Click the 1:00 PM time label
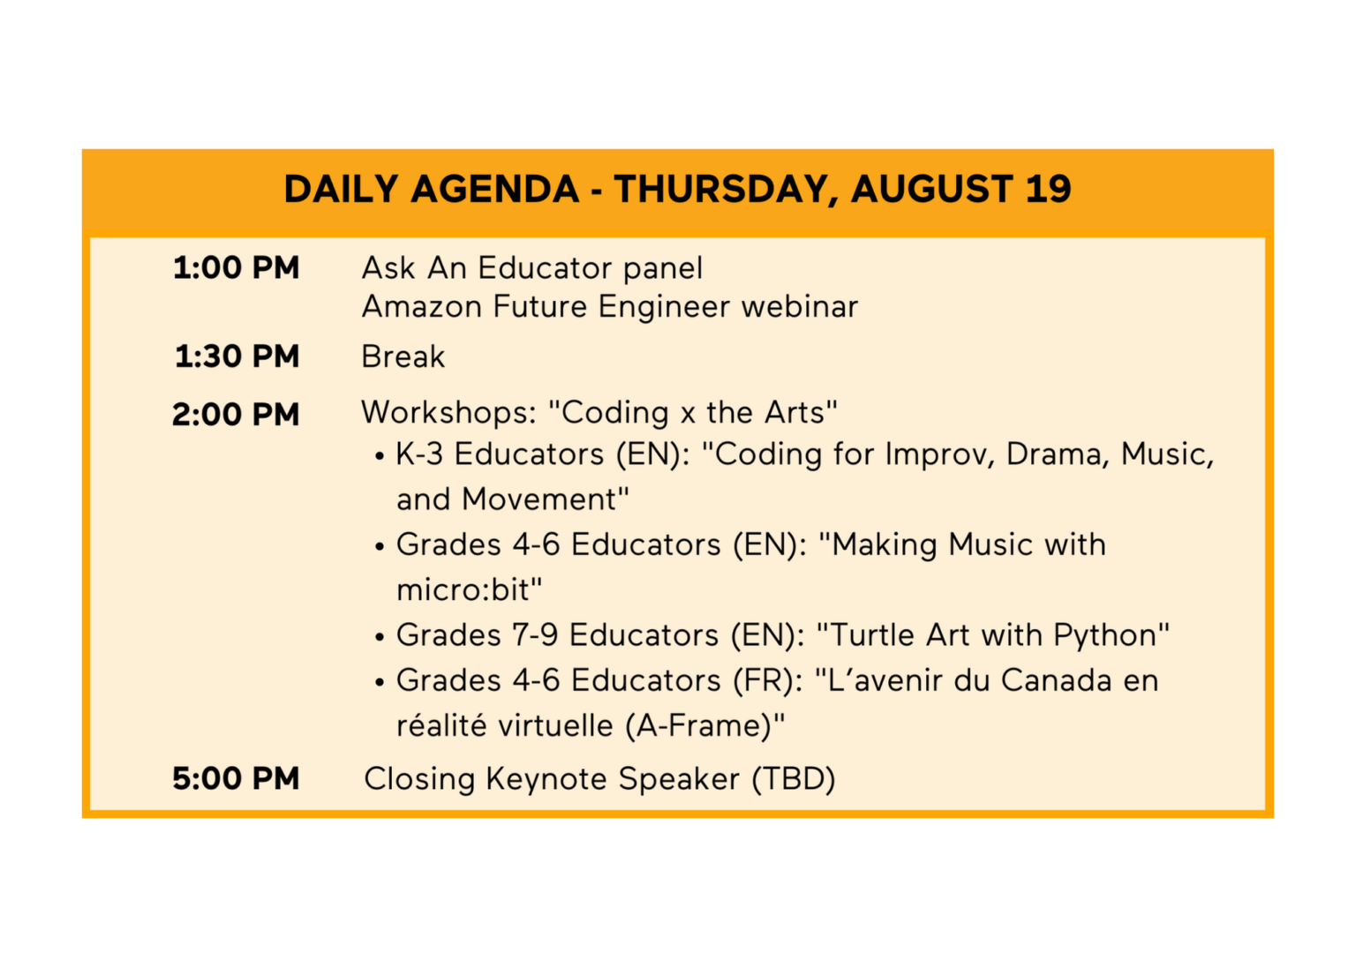pos(236,267)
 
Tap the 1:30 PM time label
pos(237,356)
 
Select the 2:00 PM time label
pos(236,415)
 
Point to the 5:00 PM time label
pos(236,778)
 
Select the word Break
pos(403,356)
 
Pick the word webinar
pos(800,306)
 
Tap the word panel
pos(663,267)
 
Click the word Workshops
pos(448,413)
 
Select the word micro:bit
pos(463,589)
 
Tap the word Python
pos(1104,635)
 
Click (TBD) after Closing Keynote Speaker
pos(793,778)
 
